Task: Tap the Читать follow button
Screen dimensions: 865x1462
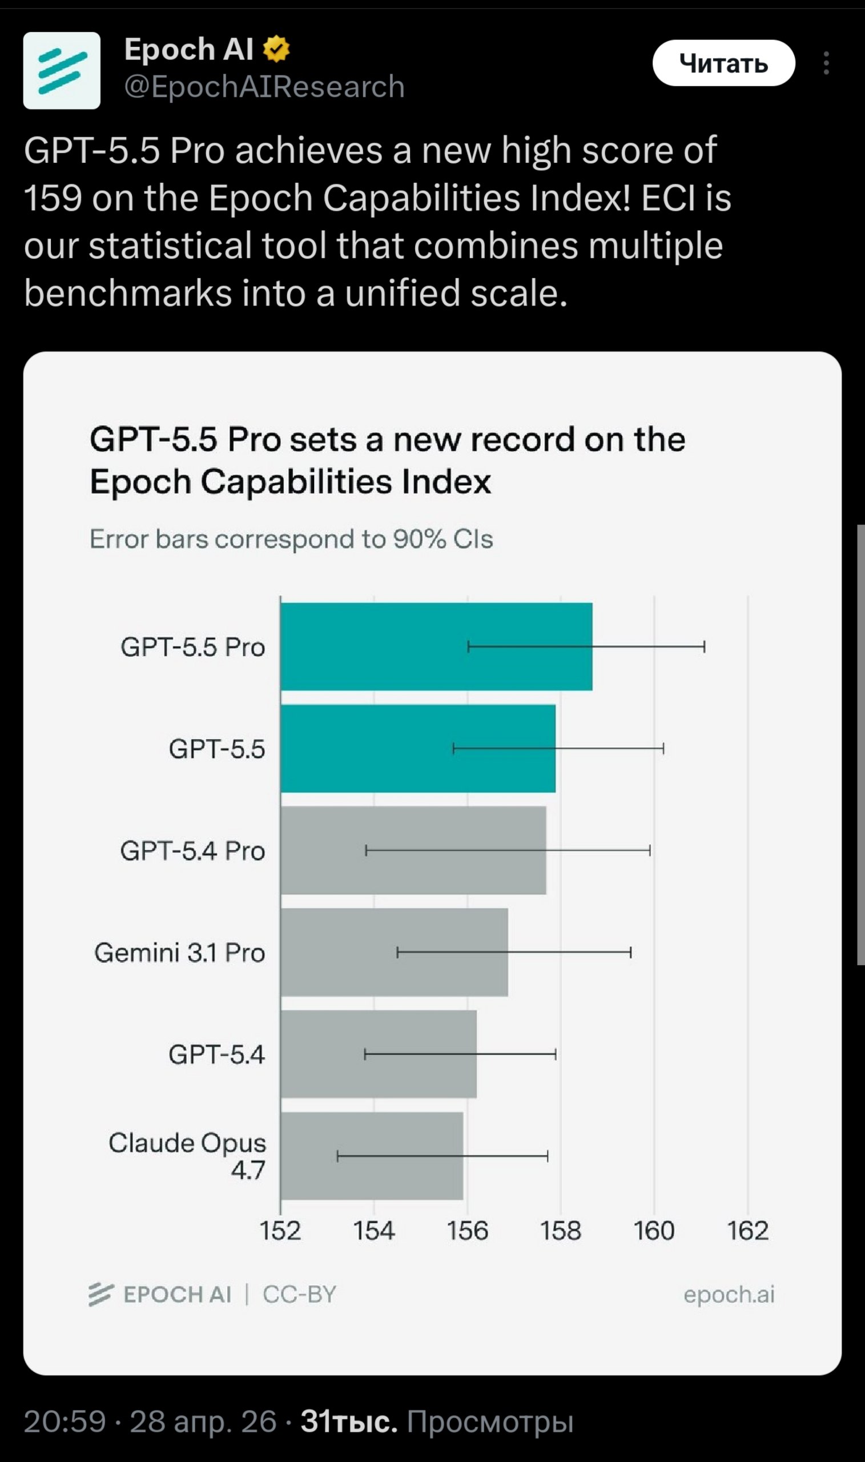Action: pyautogui.click(x=723, y=63)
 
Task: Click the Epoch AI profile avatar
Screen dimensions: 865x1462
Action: pyautogui.click(x=62, y=71)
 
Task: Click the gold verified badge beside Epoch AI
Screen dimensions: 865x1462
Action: pyautogui.click(x=276, y=49)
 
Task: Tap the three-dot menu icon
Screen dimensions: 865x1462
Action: pyautogui.click(x=826, y=63)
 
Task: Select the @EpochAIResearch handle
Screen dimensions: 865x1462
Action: pyautogui.click(x=264, y=87)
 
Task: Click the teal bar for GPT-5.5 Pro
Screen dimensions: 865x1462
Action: pyautogui.click(x=437, y=646)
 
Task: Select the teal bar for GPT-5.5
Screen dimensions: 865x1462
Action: pyautogui.click(x=418, y=749)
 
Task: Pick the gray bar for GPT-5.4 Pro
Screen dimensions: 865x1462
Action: pyautogui.click(x=413, y=850)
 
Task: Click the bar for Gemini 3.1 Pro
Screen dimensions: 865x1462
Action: pyautogui.click(x=394, y=952)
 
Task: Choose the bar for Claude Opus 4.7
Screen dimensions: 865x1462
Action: pyautogui.click(x=372, y=1156)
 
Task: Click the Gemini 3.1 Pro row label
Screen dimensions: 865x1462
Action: pyautogui.click(x=179, y=953)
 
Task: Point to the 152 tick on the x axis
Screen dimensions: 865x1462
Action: pyautogui.click(x=280, y=1231)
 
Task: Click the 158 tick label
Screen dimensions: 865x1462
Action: pyautogui.click(x=561, y=1231)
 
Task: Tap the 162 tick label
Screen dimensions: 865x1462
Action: pyautogui.click(x=748, y=1231)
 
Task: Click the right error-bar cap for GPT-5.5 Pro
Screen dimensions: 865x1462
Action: pyautogui.click(x=704, y=646)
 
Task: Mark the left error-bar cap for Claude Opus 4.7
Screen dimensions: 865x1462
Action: pyautogui.click(x=337, y=1156)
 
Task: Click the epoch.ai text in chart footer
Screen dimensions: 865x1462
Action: pyautogui.click(x=729, y=1294)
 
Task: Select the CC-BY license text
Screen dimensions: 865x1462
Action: pyautogui.click(x=300, y=1294)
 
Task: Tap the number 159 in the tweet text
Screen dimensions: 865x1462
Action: pyautogui.click(x=53, y=198)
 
